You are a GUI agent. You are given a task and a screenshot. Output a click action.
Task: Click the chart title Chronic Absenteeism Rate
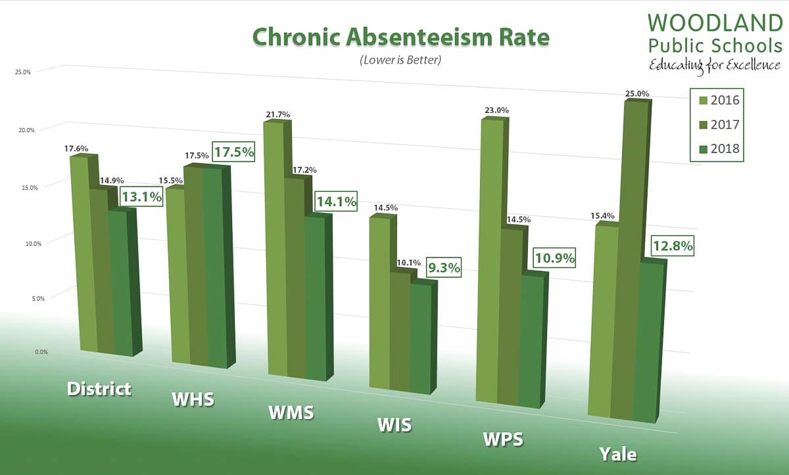400,37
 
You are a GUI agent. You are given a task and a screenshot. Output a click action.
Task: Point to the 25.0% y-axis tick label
22,72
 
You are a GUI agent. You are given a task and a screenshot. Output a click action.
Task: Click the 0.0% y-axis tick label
22,352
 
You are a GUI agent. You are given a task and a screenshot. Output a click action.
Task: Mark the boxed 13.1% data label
141,196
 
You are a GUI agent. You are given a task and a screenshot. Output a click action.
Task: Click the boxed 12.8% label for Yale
672,247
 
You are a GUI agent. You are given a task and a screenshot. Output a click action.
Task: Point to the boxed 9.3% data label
443,267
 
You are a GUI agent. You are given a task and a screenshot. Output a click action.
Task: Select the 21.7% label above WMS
277,114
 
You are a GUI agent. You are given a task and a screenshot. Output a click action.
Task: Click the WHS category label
193,399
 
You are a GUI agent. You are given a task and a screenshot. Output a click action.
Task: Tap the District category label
99,388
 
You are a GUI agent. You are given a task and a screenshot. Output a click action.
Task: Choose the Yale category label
618,453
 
